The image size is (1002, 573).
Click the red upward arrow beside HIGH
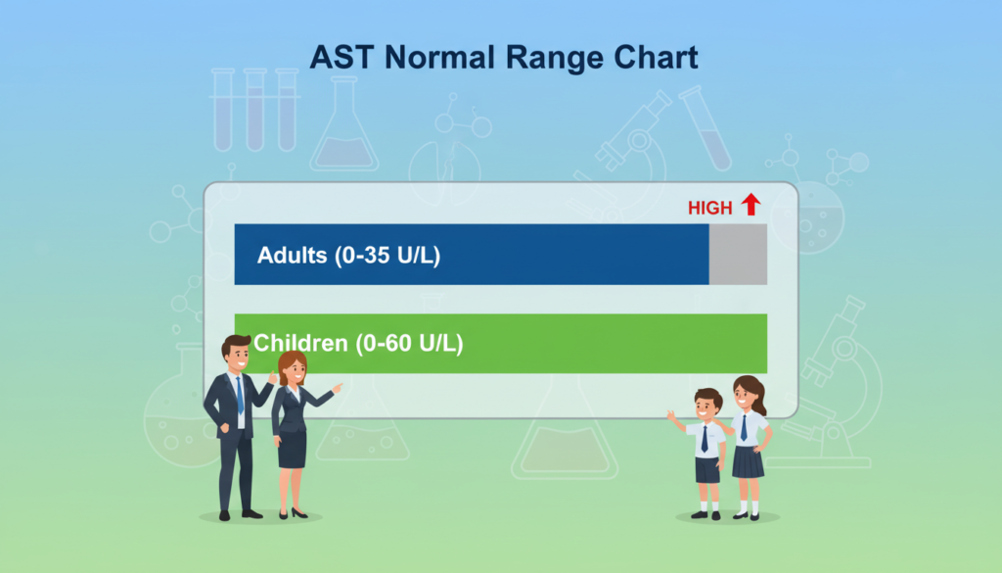[751, 205]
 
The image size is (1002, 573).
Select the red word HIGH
[709, 208]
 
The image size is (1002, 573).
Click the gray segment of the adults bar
[738, 255]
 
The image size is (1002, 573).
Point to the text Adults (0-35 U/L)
[348, 256]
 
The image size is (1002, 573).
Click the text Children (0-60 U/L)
[358, 344]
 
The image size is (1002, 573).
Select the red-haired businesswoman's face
[292, 370]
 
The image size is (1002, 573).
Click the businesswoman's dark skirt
[292, 449]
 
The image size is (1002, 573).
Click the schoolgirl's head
[748, 394]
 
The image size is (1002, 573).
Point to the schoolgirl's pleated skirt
[748, 460]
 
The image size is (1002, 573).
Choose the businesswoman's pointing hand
[338, 388]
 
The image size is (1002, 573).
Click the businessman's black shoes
[239, 513]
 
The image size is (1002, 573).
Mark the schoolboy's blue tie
[705, 439]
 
